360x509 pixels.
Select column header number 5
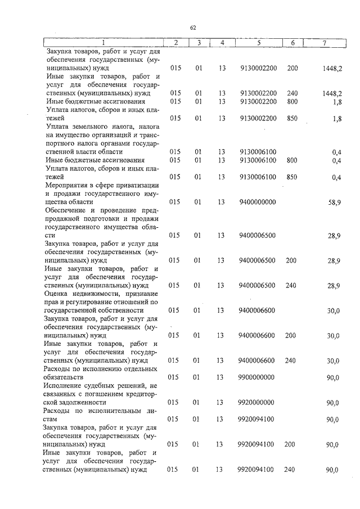tap(258, 43)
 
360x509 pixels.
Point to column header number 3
tap(199, 43)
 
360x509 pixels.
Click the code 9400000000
tap(257, 201)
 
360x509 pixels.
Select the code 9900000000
tap(257, 377)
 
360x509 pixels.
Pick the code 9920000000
tap(257, 402)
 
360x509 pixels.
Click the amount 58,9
tap(334, 202)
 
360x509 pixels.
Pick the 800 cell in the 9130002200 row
tap(291, 102)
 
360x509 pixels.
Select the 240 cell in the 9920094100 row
tap(290, 469)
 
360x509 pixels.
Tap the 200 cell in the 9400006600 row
tap(290, 335)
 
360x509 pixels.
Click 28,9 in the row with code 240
tap(334, 286)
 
